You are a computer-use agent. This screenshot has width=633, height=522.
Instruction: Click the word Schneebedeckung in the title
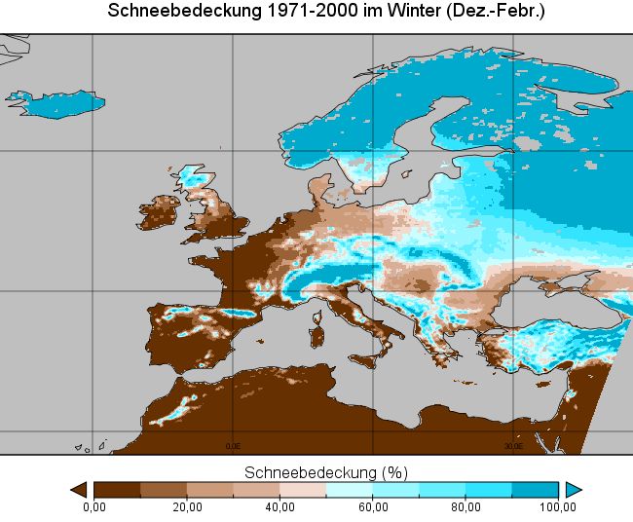coord(167,12)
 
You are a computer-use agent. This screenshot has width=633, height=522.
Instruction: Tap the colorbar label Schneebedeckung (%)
coord(325,472)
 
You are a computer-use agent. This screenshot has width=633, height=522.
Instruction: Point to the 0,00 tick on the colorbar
coord(93,506)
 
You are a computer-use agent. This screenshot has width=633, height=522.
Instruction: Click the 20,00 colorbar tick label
coord(187,506)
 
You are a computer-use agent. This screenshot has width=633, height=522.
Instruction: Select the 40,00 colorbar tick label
coord(279,506)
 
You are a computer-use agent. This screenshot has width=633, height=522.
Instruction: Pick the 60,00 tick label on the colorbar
coord(373,506)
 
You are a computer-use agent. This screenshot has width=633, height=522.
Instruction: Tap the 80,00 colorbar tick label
coord(465,506)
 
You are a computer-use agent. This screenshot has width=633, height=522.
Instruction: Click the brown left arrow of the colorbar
coord(80,489)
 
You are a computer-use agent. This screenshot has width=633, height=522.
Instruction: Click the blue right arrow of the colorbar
coord(574,489)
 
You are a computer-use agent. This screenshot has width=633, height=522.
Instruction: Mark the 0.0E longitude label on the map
coord(233,445)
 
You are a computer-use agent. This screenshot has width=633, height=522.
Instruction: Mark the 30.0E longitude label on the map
coord(513,445)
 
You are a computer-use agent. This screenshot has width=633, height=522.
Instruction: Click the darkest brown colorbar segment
coord(117,489)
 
